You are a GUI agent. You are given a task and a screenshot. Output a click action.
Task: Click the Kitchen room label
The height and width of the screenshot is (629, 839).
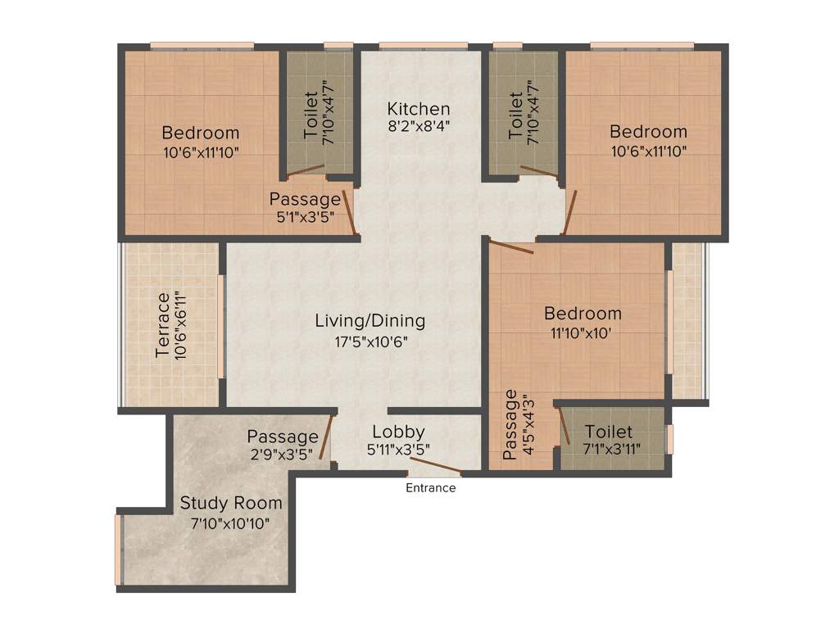(x=419, y=108)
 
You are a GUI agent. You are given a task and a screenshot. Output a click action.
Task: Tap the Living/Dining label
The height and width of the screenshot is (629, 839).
(x=370, y=320)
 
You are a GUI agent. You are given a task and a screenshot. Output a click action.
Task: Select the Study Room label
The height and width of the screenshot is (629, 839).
(x=231, y=503)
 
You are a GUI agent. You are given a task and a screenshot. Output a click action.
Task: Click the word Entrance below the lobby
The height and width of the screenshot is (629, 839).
(x=431, y=488)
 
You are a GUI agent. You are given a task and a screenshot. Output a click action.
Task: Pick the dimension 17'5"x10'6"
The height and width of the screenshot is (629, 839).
(x=371, y=342)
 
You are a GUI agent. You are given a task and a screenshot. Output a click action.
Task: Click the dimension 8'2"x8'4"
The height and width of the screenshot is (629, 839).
(x=419, y=126)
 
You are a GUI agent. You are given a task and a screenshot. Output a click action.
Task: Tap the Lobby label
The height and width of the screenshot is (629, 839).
(x=398, y=432)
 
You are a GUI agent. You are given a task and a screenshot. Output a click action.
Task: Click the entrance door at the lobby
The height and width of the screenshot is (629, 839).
(x=434, y=470)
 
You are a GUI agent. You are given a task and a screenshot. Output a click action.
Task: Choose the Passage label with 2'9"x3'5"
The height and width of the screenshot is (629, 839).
(x=283, y=437)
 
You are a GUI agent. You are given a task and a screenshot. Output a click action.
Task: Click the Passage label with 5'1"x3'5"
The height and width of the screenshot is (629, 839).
(x=305, y=199)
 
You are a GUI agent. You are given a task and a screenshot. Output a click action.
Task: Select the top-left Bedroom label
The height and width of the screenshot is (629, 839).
(x=201, y=133)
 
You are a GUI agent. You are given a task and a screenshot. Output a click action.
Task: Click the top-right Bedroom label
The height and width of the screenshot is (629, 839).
(x=648, y=132)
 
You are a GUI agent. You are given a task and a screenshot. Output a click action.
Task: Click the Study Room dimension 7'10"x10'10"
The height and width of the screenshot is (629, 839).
(x=231, y=523)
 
